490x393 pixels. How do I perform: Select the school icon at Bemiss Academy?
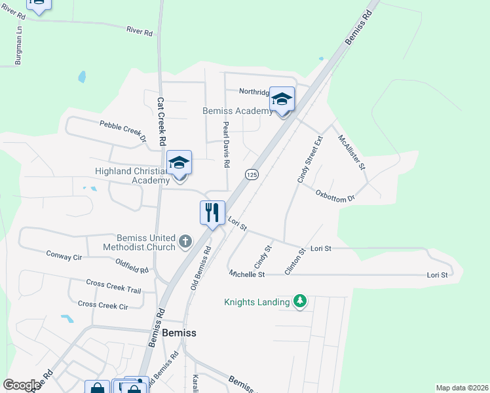pyautogui.click(x=282, y=99)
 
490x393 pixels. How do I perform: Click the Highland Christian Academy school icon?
pyautogui.click(x=179, y=163)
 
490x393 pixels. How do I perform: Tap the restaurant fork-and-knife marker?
pyautogui.click(x=212, y=212)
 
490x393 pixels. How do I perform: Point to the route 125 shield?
pyautogui.click(x=252, y=174)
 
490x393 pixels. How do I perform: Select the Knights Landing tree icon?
pyautogui.click(x=300, y=301)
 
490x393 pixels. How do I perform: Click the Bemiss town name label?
pyautogui.click(x=179, y=333)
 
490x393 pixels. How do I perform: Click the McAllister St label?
pyautogui.click(x=351, y=152)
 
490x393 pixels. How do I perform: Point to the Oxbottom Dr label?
pyautogui.click(x=335, y=195)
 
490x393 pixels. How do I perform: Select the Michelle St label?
pyautogui.click(x=247, y=274)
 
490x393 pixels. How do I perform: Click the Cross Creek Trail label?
pyautogui.click(x=113, y=286)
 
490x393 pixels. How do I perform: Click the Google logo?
pyautogui.click(x=22, y=385)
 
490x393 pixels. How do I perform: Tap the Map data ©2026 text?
pyautogui.click(x=462, y=388)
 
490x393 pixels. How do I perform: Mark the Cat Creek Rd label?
pyautogui.click(x=161, y=122)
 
